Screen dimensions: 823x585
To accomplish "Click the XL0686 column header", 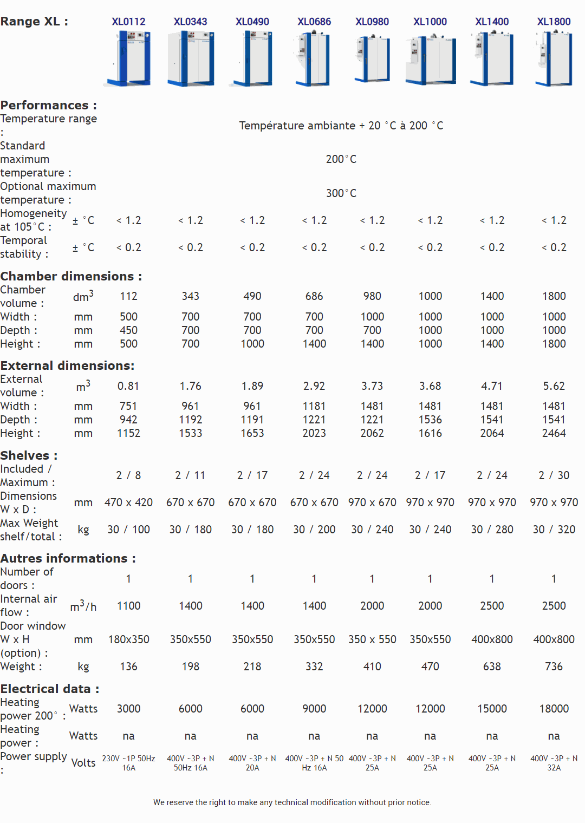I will [x=314, y=22].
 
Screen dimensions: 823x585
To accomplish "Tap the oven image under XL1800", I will [x=554, y=58].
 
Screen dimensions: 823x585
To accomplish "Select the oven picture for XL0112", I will [x=129, y=58].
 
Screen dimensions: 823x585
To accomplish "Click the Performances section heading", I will [x=49, y=105].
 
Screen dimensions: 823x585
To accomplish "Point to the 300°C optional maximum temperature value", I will [x=341, y=193].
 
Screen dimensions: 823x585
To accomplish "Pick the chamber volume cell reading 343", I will [x=191, y=296].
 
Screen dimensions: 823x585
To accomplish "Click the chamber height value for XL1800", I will [x=554, y=344].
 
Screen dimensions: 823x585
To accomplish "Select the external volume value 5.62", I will [x=554, y=386].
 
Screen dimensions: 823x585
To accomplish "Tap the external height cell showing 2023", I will [x=314, y=433].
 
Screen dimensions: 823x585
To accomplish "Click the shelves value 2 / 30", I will [x=554, y=475].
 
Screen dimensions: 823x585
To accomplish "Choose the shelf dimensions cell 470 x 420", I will [x=129, y=502].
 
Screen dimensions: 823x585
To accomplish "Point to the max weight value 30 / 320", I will [x=554, y=530].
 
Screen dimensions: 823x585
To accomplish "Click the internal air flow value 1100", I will [x=129, y=606].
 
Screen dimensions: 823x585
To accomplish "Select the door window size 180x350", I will [x=129, y=639].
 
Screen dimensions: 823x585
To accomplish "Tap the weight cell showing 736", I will [x=554, y=667].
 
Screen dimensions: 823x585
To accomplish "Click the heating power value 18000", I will [x=554, y=709].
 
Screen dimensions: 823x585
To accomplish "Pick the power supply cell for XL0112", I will [x=129, y=763].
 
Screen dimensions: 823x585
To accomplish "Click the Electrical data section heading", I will [x=50, y=689].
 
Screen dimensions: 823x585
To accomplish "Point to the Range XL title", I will [x=34, y=22].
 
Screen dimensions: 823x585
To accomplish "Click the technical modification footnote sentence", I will [x=292, y=802].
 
